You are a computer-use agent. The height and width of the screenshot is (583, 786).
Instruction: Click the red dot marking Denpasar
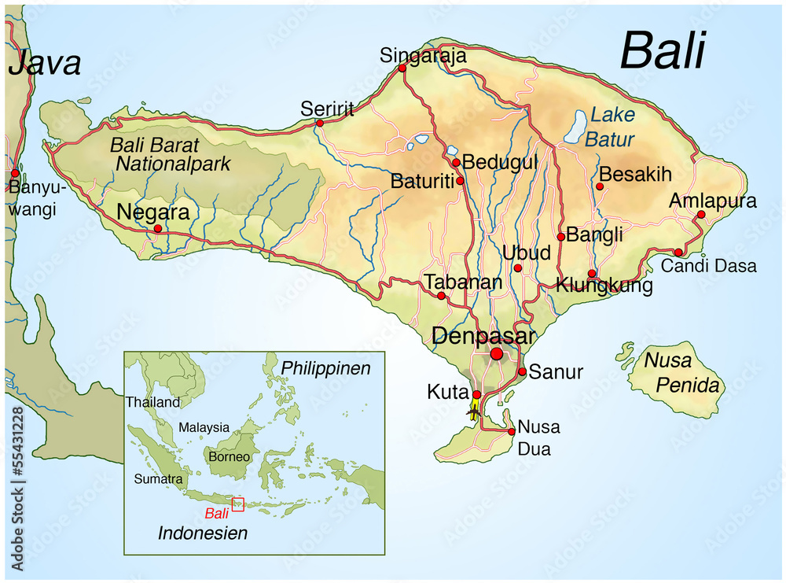click(x=496, y=355)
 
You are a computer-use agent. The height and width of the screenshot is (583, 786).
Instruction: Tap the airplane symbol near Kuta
click(x=473, y=410)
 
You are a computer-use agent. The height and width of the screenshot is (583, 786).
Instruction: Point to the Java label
click(x=45, y=63)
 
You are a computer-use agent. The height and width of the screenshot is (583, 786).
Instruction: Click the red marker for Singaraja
click(x=402, y=68)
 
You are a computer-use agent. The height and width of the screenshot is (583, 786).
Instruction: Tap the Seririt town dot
click(x=320, y=123)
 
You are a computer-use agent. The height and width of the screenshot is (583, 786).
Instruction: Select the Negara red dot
click(x=157, y=229)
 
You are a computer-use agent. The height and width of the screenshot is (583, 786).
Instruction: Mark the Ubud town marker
click(x=517, y=268)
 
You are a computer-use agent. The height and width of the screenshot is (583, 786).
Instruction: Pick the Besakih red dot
click(x=599, y=186)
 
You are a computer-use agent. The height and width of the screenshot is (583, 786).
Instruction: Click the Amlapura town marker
click(x=701, y=214)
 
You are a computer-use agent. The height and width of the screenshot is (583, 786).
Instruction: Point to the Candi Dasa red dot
click(x=678, y=253)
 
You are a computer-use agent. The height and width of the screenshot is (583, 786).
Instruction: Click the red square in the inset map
click(x=237, y=504)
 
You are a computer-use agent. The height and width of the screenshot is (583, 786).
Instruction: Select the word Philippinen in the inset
click(x=325, y=368)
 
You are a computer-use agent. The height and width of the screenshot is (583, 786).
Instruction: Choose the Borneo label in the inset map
click(x=230, y=456)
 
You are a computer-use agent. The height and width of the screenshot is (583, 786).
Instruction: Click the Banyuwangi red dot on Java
click(x=14, y=172)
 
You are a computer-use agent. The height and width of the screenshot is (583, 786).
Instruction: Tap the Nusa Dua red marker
click(x=511, y=432)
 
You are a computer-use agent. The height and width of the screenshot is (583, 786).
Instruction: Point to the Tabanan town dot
click(x=441, y=296)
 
